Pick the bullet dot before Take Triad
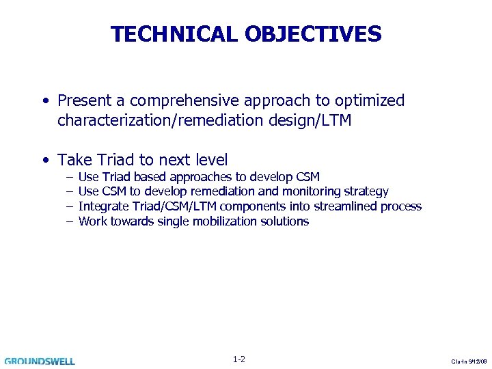(x=44, y=161)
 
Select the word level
(x=209, y=161)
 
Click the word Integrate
(x=102, y=206)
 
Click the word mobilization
(x=225, y=221)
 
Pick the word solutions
(x=284, y=221)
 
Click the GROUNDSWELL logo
(x=40, y=361)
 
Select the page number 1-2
(x=239, y=359)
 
